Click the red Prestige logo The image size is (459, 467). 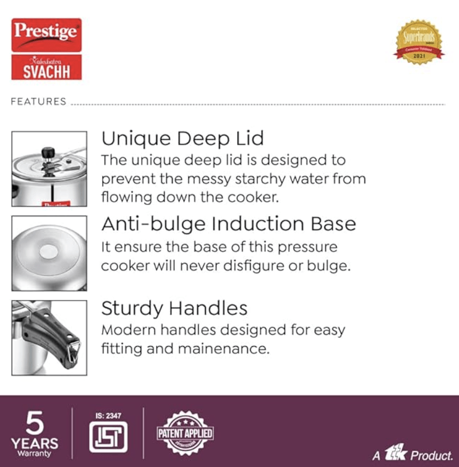point(46,35)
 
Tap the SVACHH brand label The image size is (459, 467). point(46,68)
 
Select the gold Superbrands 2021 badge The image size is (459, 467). point(419,42)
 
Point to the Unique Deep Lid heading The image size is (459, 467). point(182,139)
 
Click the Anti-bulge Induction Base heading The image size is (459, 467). point(228,224)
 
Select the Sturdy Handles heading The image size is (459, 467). point(174,308)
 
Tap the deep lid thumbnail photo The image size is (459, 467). point(49,169)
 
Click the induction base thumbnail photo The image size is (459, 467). point(49,253)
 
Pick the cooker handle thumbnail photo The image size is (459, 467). point(49,337)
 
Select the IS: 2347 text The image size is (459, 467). point(108,416)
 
